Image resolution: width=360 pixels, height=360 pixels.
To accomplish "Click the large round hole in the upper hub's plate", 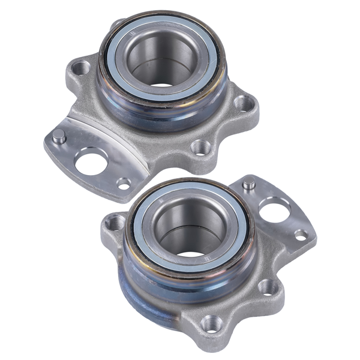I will click(x=92, y=163).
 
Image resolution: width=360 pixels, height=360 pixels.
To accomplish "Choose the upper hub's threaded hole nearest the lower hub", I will click(x=199, y=146).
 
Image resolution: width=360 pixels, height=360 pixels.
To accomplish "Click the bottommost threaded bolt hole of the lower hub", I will click(x=211, y=324).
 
